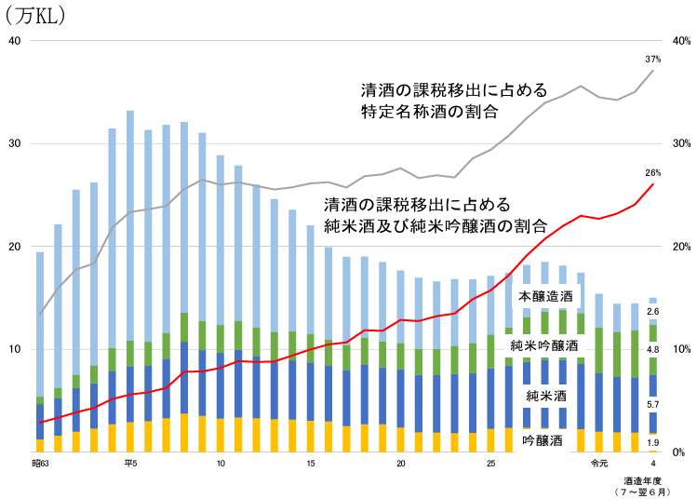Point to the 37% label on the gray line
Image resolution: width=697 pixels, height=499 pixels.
tap(652, 59)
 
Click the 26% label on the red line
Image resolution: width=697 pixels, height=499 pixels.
tap(652, 173)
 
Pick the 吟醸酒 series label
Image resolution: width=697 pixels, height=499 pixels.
tap(542, 438)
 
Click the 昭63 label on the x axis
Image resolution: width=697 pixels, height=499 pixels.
tap(39, 463)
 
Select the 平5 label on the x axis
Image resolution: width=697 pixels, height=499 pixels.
tap(129, 463)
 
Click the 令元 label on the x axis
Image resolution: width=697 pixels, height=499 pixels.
tap(598, 463)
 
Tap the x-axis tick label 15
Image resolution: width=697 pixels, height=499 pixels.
tap(310, 463)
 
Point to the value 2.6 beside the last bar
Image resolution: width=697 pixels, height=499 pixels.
tap(652, 312)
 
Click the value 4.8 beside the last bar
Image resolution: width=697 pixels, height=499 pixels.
tap(652, 349)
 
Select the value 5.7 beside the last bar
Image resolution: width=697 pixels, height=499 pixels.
tap(652, 405)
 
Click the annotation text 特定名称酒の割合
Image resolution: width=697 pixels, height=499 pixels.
tap(428, 112)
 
